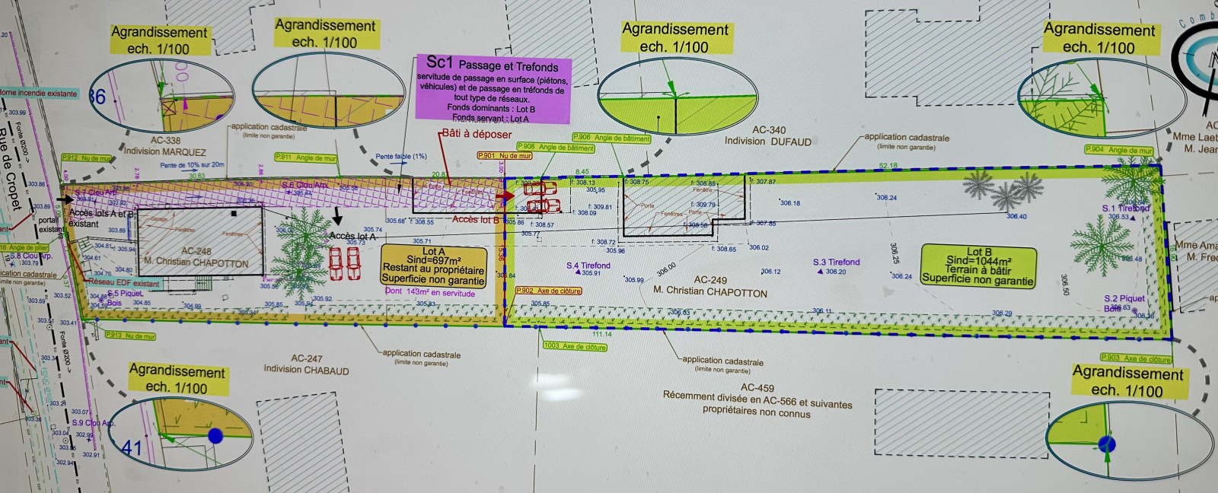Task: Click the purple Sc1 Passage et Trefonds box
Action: click(x=493, y=88)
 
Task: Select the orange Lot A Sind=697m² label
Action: click(x=433, y=265)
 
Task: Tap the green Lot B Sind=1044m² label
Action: click(x=978, y=266)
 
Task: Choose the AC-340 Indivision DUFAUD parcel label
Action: click(x=768, y=135)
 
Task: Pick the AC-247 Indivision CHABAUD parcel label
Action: click(x=307, y=364)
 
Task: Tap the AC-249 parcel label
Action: click(x=710, y=280)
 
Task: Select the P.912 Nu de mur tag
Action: click(x=87, y=158)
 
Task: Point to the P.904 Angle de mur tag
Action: click(x=1118, y=150)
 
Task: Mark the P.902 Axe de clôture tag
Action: click(x=548, y=291)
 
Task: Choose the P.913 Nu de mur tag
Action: click(x=130, y=335)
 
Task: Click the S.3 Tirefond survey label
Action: click(x=836, y=262)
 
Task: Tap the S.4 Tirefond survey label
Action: click(x=588, y=266)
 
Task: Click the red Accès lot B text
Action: click(x=476, y=220)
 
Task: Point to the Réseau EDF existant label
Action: click(x=124, y=283)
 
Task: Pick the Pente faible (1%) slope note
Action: click(x=401, y=157)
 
